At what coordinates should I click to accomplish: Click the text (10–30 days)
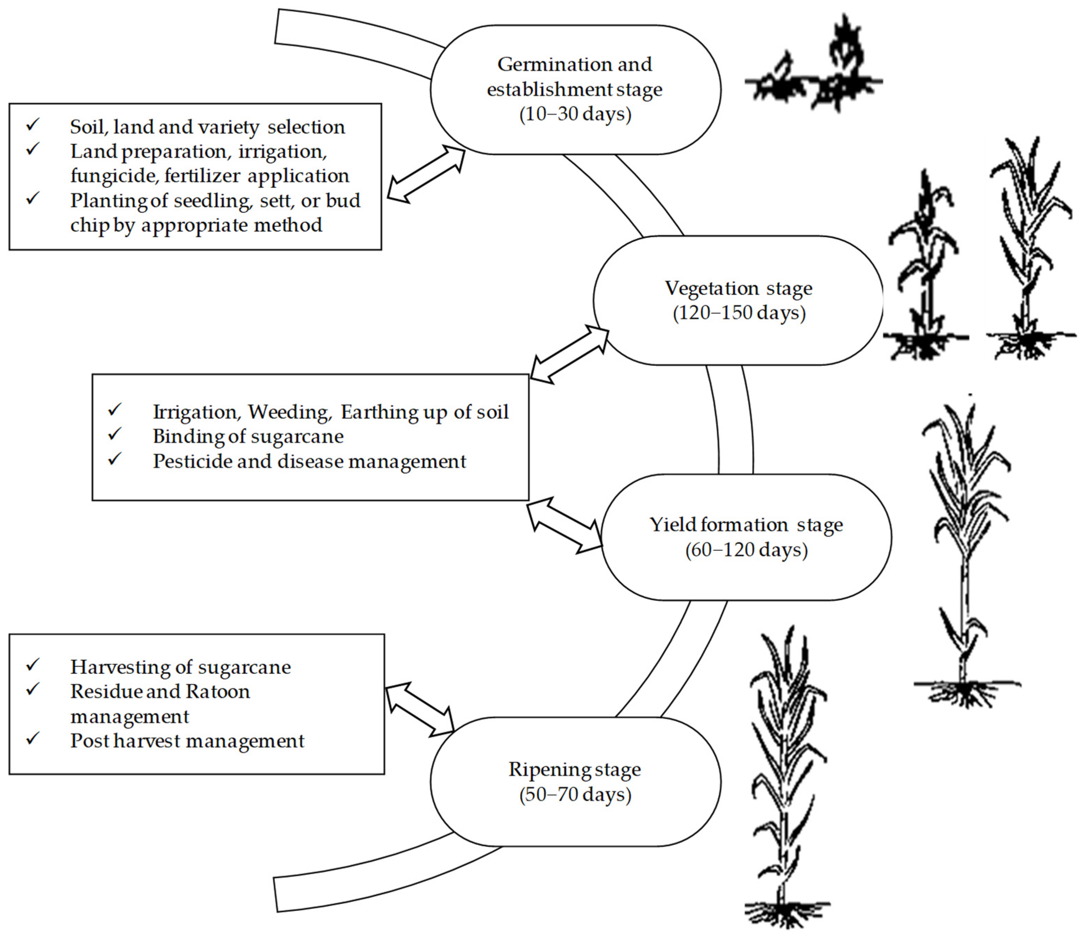click(575, 114)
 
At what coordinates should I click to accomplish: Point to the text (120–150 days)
click(739, 313)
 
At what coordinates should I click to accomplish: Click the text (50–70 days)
click(575, 794)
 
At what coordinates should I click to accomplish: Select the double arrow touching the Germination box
click(426, 174)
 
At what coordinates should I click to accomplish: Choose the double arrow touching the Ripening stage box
click(420, 709)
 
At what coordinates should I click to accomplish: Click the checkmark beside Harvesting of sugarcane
click(33, 664)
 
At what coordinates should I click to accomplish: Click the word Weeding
click(289, 412)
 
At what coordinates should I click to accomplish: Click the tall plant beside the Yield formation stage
click(966, 554)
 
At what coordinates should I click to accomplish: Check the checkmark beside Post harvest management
click(33, 739)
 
